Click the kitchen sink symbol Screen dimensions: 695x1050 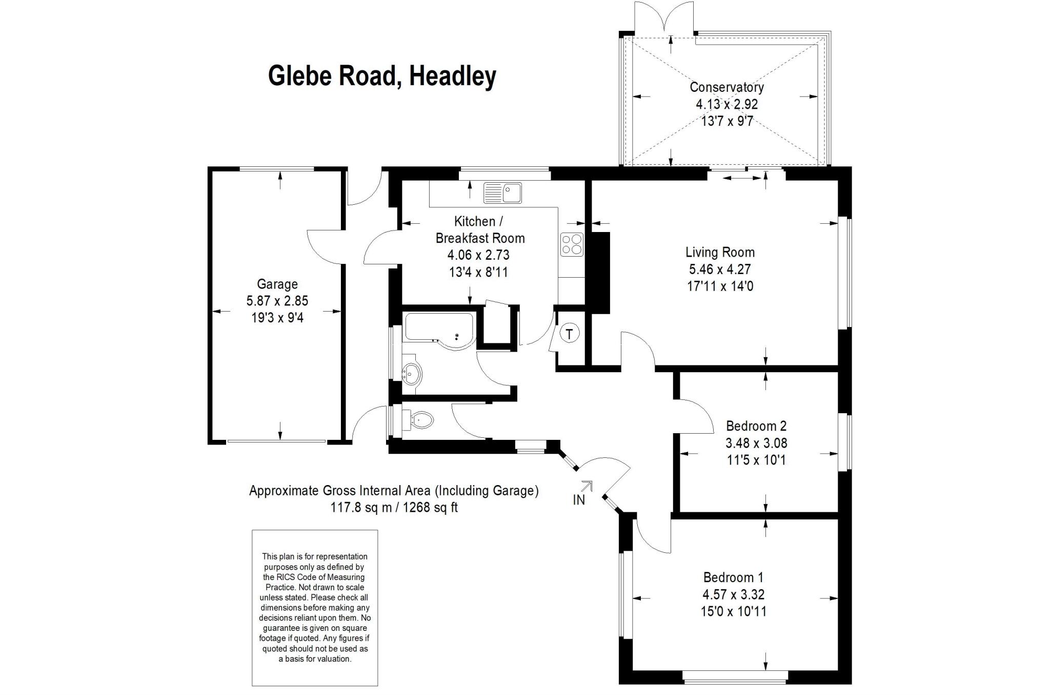tap(502, 193)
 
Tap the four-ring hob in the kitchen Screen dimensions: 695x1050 tap(572, 244)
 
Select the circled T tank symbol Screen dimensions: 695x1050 tap(569, 334)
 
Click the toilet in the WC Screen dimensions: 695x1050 tap(419, 420)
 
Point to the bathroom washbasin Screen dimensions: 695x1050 tap(412, 372)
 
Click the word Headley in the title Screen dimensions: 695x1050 tap(453, 76)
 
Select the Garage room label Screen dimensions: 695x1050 tap(277, 284)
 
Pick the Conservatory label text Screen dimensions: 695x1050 tap(726, 87)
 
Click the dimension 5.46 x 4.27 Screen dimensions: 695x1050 tap(720, 269)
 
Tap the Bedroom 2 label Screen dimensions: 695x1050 tap(756, 426)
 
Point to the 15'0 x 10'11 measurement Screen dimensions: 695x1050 tap(733, 611)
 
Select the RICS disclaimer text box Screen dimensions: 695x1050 tap(315, 608)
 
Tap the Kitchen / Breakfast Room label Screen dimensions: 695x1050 tap(480, 229)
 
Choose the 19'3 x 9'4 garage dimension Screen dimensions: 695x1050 tap(277, 318)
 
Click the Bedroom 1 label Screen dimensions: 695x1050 tap(733, 577)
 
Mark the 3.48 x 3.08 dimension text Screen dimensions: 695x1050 tap(756, 442)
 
